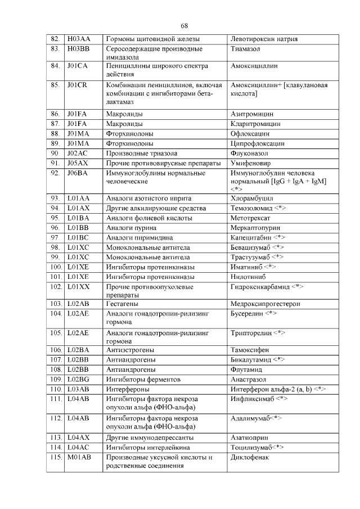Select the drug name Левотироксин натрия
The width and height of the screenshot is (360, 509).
pos(264,39)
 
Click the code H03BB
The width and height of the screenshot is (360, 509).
pos(78,49)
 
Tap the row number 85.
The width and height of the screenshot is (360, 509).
pos(55,85)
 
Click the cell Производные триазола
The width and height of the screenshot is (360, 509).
pos(142,153)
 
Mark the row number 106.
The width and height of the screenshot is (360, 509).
pos(56,349)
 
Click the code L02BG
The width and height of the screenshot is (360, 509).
pos(78,379)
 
